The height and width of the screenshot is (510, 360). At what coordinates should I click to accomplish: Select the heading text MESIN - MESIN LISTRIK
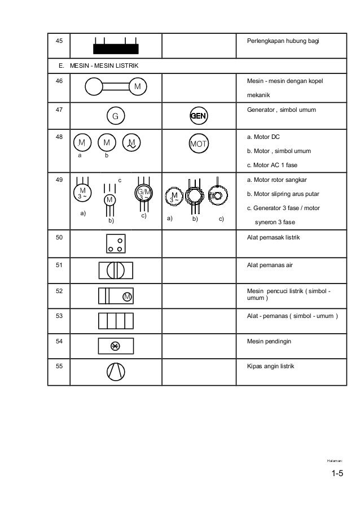(104, 67)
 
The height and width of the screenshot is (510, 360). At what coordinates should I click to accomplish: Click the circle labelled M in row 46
(137, 87)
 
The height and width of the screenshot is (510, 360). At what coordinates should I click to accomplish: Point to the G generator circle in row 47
(115, 116)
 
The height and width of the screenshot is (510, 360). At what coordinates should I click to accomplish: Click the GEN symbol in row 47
(199, 116)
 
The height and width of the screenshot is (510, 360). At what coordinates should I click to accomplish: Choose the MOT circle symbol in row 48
(199, 143)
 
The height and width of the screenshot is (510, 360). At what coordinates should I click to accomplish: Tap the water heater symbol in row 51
(116, 271)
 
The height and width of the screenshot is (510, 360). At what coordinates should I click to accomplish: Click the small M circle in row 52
(127, 297)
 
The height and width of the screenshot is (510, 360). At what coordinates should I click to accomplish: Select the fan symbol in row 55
(115, 371)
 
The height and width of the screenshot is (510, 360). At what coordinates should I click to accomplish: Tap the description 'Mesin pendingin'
(268, 341)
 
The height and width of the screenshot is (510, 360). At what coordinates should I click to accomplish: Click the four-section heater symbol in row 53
(116, 321)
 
